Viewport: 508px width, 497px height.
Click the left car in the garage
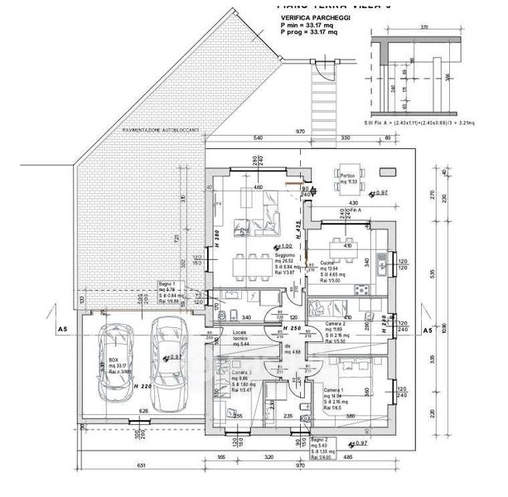click(x=111, y=360)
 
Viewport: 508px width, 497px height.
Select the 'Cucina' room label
click(x=319, y=261)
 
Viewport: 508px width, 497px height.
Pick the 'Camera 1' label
click(x=333, y=389)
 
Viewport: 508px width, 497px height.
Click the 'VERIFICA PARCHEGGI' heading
click(x=316, y=17)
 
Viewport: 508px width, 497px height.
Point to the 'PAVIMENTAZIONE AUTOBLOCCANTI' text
click(x=160, y=131)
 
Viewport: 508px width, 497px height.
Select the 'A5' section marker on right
click(x=429, y=331)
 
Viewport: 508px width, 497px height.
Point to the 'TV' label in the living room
click(x=218, y=203)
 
